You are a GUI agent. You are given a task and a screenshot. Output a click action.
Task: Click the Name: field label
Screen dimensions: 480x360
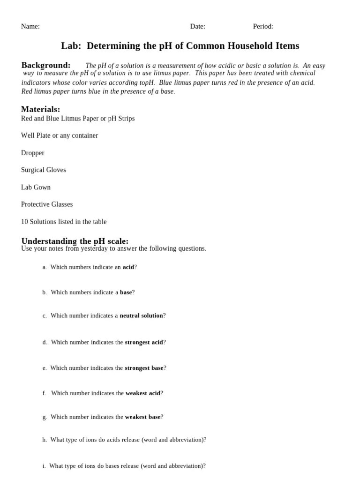pyautogui.click(x=30, y=27)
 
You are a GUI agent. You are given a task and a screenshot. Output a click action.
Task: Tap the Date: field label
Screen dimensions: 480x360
pyautogui.click(x=197, y=27)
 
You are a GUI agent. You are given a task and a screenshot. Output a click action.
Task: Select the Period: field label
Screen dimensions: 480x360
pyautogui.click(x=263, y=27)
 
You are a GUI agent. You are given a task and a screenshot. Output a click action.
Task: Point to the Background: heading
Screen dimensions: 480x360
pyautogui.click(x=46, y=65)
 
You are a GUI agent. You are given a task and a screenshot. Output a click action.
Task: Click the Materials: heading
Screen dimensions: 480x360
pyautogui.click(x=41, y=109)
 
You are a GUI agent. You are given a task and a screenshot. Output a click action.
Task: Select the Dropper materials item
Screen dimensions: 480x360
pyautogui.click(x=33, y=153)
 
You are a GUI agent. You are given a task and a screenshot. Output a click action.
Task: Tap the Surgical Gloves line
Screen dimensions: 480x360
pyautogui.click(x=44, y=170)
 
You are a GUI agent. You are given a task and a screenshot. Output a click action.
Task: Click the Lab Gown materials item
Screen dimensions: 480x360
pyautogui.click(x=36, y=187)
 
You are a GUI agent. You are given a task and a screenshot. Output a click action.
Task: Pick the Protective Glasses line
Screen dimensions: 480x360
pyautogui.click(x=47, y=204)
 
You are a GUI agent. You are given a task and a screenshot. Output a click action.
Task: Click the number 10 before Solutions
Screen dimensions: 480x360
pyautogui.click(x=24, y=222)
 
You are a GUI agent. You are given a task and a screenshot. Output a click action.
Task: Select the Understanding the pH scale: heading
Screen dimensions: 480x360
pyautogui.click(x=75, y=241)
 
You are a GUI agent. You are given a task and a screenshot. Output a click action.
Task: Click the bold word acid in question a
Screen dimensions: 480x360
pyautogui.click(x=128, y=267)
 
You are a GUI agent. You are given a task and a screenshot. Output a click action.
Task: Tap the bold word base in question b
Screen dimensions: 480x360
pyautogui.click(x=126, y=292)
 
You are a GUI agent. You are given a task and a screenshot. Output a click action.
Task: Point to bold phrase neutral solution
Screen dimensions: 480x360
pyautogui.click(x=141, y=316)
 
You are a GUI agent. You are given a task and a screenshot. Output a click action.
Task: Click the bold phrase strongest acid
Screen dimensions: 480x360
pyautogui.click(x=144, y=343)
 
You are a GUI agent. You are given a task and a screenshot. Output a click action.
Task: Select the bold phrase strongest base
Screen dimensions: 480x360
pyautogui.click(x=144, y=368)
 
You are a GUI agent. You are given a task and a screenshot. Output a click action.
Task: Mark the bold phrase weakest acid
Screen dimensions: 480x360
pyautogui.click(x=143, y=393)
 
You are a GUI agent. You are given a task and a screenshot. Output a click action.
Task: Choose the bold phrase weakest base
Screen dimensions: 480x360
pyautogui.click(x=142, y=417)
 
